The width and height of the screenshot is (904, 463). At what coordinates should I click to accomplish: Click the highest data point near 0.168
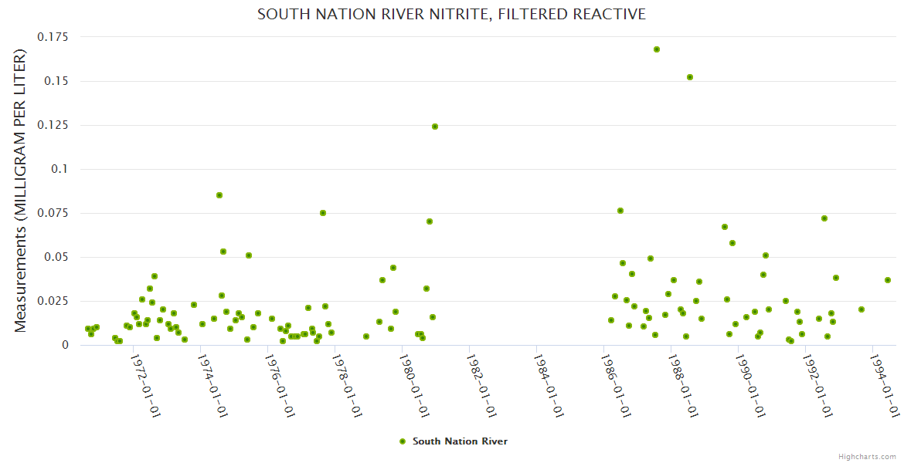point(656,49)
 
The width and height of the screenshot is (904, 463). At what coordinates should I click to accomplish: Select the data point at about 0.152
point(690,77)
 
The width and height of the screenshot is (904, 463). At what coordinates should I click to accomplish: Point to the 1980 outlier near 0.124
point(434,127)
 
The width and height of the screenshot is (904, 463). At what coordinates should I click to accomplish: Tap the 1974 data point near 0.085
point(219,195)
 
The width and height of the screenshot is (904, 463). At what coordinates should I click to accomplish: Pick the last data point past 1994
point(888,280)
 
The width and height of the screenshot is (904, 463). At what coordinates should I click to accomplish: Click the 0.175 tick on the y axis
point(53,37)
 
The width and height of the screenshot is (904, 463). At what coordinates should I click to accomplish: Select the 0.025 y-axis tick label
point(53,301)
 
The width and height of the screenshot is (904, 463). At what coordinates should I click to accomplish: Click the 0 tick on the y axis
point(65,345)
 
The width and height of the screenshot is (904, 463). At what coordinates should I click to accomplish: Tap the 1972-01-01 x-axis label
point(144,385)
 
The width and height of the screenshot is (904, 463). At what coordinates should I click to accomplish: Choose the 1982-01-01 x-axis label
point(481,385)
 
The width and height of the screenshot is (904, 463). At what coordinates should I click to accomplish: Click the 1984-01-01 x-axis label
point(548,385)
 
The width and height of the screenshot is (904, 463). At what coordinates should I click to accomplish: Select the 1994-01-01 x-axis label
point(884,385)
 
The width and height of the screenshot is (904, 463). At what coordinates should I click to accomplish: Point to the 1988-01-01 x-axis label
point(682,385)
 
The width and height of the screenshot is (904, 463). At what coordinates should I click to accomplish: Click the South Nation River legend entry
point(460,441)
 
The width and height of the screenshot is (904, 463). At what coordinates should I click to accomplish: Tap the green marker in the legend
point(402,441)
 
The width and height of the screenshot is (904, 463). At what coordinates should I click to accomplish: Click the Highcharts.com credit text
point(868,457)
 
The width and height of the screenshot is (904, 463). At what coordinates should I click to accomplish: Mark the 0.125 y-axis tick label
point(53,125)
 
